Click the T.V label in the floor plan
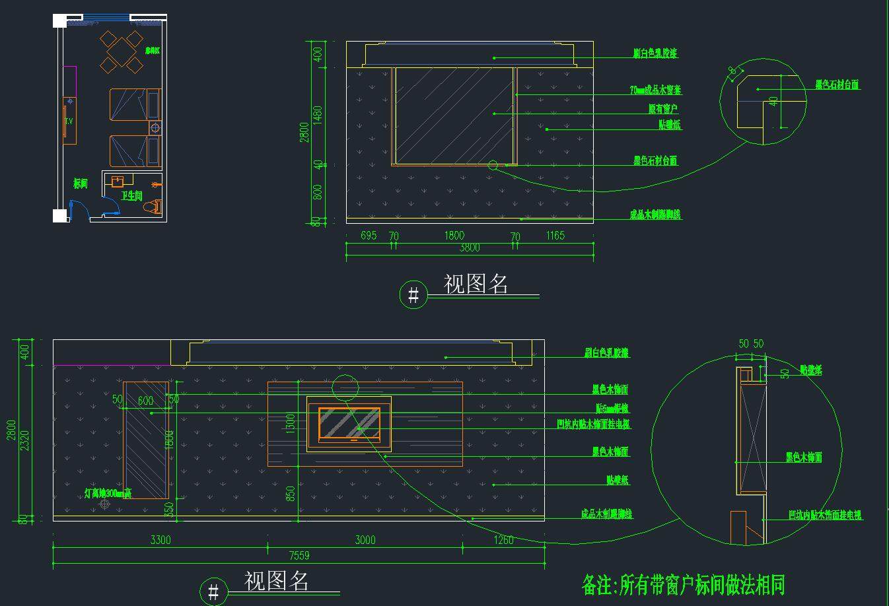point(68,121)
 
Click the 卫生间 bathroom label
point(131,196)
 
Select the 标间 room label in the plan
point(81,184)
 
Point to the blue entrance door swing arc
point(83,207)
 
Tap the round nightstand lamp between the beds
point(155,129)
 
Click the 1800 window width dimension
point(454,236)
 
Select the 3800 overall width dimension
point(469,248)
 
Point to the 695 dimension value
point(369,236)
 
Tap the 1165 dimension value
point(555,236)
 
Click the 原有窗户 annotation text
point(662,109)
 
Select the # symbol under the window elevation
point(413,294)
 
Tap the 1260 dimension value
point(503,540)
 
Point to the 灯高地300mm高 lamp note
point(108,493)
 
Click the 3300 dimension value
point(160,540)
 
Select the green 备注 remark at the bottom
point(683,585)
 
